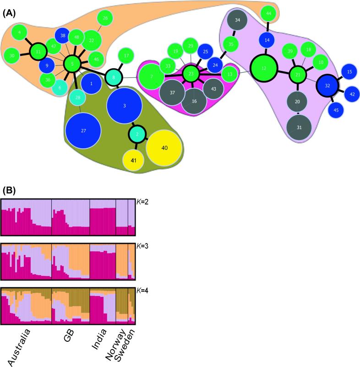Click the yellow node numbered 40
164,147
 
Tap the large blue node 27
83,131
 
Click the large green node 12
263,68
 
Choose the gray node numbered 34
237,21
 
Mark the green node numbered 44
269,14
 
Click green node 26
105,18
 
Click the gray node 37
172,92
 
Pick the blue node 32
327,85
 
